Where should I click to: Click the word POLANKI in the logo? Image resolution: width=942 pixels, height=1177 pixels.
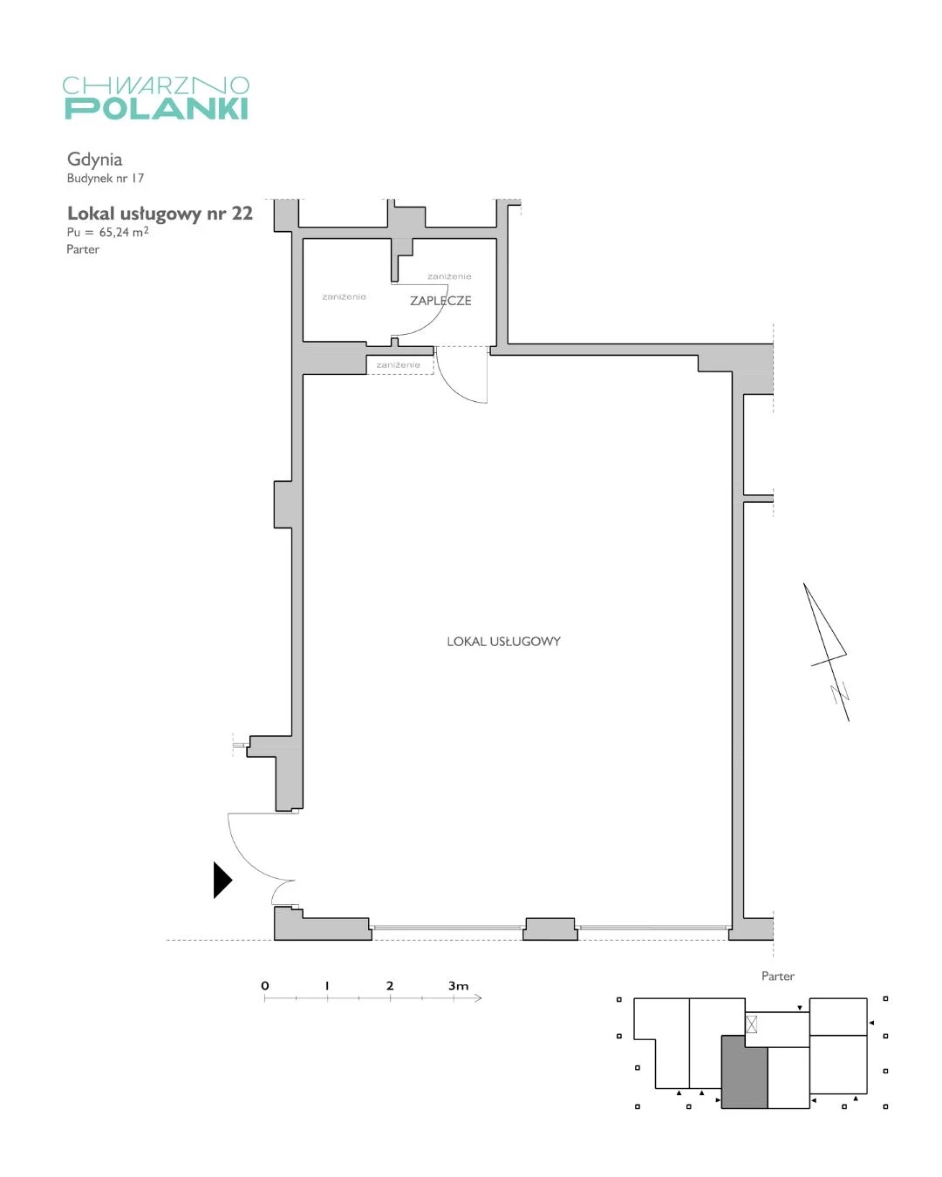click(156, 108)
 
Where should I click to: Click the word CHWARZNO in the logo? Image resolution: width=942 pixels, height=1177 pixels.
click(156, 85)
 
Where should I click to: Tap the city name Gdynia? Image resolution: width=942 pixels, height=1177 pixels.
click(94, 160)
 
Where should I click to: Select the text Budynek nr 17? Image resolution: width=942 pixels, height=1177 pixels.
click(105, 178)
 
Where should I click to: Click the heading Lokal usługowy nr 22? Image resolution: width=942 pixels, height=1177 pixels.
click(160, 214)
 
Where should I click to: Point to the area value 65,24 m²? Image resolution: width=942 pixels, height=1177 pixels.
click(124, 231)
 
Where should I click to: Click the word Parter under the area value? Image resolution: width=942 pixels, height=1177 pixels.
click(83, 248)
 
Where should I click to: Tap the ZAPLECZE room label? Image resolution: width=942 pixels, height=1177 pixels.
click(440, 300)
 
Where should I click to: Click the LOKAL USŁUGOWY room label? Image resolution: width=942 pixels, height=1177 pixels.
click(503, 641)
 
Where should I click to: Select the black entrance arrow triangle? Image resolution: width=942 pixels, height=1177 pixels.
click(222, 880)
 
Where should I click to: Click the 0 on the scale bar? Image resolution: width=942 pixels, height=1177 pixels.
click(265, 985)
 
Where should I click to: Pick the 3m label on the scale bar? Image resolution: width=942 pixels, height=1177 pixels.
click(458, 985)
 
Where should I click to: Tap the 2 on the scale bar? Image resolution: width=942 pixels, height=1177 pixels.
click(390, 985)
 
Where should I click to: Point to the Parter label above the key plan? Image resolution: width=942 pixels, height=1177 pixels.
click(777, 976)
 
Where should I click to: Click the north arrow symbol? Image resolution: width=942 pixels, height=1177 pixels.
click(827, 652)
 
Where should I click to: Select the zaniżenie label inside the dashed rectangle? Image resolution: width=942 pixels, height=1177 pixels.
click(398, 364)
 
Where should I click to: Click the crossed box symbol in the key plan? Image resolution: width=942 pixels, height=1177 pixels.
click(752, 1024)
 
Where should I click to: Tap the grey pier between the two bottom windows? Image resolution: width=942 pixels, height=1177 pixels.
click(549, 929)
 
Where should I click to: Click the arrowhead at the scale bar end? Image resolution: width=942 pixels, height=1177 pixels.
click(478, 998)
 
